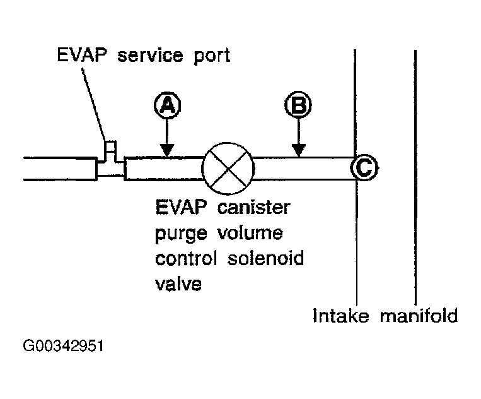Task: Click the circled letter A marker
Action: pyautogui.click(x=166, y=105)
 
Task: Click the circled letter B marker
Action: pyautogui.click(x=298, y=105)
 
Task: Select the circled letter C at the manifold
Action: pyautogui.click(x=364, y=168)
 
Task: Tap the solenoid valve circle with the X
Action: pyautogui.click(x=228, y=169)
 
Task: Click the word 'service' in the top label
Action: pyautogui.click(x=151, y=56)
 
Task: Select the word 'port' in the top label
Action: pyautogui.click(x=211, y=57)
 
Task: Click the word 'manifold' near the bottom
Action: pyautogui.click(x=419, y=315)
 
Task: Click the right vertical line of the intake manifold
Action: pyautogui.click(x=415, y=177)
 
